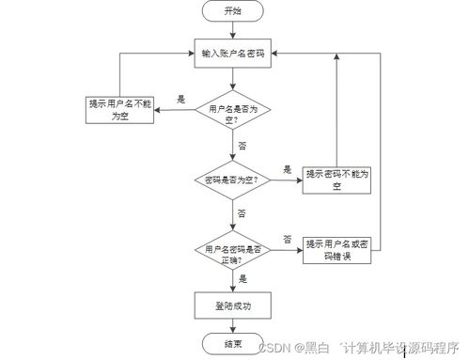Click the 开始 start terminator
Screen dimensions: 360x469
[232, 11]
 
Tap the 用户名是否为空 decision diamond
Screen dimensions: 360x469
[232, 112]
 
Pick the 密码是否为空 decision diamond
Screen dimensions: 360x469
[232, 180]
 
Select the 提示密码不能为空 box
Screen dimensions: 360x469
[336, 179]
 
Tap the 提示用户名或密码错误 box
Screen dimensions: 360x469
[336, 250]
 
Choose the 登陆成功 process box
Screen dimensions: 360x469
[232, 305]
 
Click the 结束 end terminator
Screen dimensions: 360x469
[232, 344]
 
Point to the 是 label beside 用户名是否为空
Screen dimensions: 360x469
[180, 99]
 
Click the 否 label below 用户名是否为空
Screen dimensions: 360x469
[242, 147]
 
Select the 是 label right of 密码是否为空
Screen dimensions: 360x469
[288, 169]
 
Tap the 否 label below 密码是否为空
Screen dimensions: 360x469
[242, 213]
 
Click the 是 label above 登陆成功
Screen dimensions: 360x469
[242, 279]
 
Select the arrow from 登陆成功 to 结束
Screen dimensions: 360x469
[232, 325]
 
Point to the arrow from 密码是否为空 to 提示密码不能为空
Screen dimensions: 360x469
[289, 180]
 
